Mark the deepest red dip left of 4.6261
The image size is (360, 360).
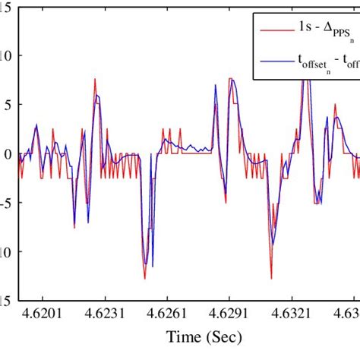pos(144,278)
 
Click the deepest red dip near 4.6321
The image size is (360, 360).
pos(270,278)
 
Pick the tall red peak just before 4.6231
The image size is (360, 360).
pos(95,79)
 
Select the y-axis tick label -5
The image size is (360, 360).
pos(6,203)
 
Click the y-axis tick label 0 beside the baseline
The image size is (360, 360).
pos(8,154)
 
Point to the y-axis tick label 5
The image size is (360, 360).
pos(8,105)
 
